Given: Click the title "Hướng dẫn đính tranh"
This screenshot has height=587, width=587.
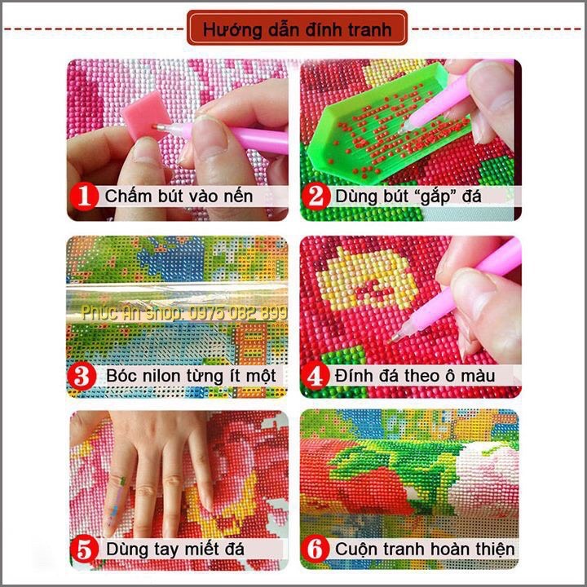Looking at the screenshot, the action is [x=297, y=29].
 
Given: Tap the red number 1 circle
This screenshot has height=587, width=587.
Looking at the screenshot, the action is [x=84, y=196].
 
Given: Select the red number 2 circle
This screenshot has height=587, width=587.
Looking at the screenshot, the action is [x=316, y=196].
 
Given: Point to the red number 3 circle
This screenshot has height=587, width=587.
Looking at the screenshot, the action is [x=82, y=376].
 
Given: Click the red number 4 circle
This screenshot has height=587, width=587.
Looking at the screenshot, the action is [x=316, y=376].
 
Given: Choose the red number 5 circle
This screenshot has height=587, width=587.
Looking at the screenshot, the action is [x=85, y=549].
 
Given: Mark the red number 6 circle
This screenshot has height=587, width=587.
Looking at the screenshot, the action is [x=316, y=549].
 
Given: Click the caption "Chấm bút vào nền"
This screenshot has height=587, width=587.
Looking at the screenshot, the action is [x=179, y=196].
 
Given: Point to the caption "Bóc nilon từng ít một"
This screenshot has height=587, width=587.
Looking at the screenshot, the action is [x=191, y=376].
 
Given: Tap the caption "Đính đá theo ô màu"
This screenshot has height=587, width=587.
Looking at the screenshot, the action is [x=415, y=376].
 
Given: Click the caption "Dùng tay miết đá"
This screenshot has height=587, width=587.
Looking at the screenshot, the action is [x=175, y=549].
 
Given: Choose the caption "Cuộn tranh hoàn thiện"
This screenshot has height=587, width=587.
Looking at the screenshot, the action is [x=425, y=549].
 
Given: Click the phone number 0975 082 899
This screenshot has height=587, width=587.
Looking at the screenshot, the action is [x=238, y=313].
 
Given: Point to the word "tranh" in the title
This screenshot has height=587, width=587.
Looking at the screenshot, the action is [x=370, y=30].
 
